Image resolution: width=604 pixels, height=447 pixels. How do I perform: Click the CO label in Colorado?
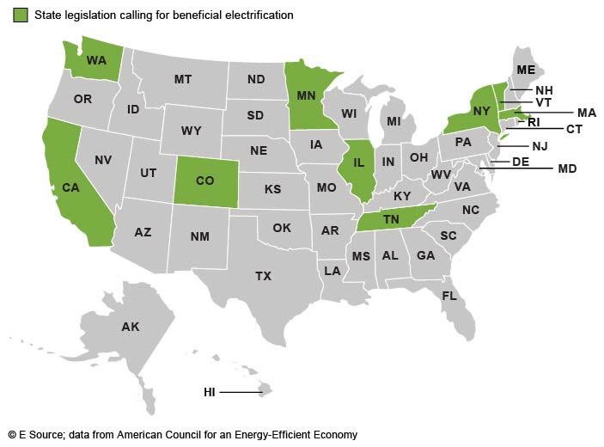click(x=204, y=181)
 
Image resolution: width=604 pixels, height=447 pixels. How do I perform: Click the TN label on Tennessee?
click(x=391, y=219)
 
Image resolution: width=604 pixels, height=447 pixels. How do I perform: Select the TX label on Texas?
click(x=263, y=276)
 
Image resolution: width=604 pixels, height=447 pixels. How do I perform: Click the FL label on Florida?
click(x=449, y=295)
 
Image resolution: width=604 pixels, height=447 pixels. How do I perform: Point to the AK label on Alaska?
click(x=131, y=327)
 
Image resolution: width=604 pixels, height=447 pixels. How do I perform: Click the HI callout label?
click(x=210, y=392)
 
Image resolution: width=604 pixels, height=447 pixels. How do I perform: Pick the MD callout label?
click(x=567, y=168)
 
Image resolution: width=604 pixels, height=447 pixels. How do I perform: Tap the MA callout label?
click(x=586, y=113)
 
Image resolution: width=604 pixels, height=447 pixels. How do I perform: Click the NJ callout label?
click(x=540, y=146)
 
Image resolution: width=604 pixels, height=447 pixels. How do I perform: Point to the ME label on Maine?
click(x=524, y=70)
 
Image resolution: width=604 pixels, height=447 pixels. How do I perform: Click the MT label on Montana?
click(x=182, y=78)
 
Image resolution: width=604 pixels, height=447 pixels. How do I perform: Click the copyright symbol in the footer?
click(x=12, y=435)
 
